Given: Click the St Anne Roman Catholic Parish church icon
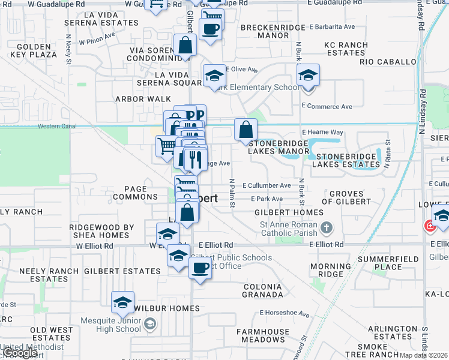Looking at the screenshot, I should (326, 227).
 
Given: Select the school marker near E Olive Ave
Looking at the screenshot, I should (214, 76).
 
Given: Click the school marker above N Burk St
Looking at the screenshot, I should (308, 75).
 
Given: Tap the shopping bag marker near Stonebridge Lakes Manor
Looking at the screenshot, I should (246, 129).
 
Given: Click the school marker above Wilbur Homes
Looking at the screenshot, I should (122, 302).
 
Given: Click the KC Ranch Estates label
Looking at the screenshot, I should (345, 49).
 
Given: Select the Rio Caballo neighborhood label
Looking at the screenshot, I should (388, 62).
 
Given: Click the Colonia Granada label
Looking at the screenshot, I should (263, 290).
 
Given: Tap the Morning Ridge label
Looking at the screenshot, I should (331, 270).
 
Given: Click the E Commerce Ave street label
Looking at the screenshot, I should (327, 106).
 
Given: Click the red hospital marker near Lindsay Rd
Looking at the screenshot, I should (430, 227).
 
